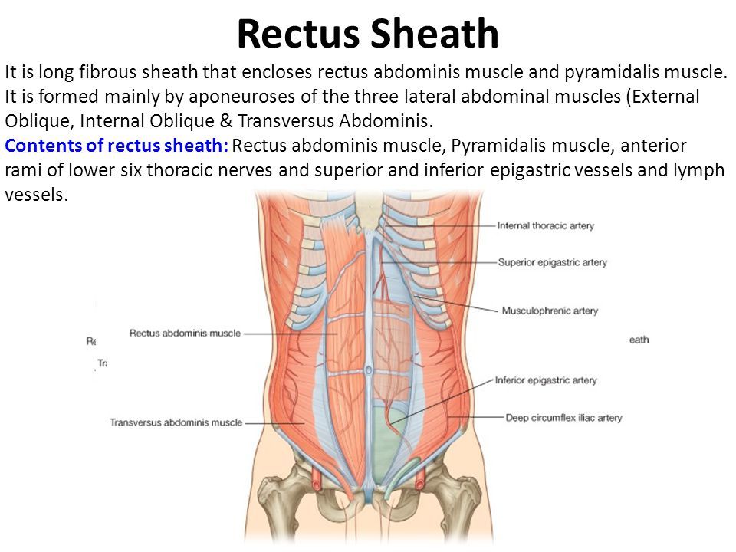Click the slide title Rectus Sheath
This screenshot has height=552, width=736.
tap(368, 34)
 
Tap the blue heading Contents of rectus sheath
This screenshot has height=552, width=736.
tap(115, 146)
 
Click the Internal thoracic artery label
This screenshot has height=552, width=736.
tap(545, 226)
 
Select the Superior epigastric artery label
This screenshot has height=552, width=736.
tap(552, 262)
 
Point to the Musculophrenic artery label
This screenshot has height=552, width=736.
tap(550, 310)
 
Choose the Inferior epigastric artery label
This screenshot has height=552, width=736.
tap(545, 379)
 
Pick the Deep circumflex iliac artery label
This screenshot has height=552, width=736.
tap(563, 418)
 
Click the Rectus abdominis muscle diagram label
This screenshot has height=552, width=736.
tap(185, 333)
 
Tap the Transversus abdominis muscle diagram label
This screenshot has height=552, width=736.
tap(176, 422)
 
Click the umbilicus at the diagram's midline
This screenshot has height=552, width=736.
tap(368, 370)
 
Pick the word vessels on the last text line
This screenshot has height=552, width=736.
tap(36, 194)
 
